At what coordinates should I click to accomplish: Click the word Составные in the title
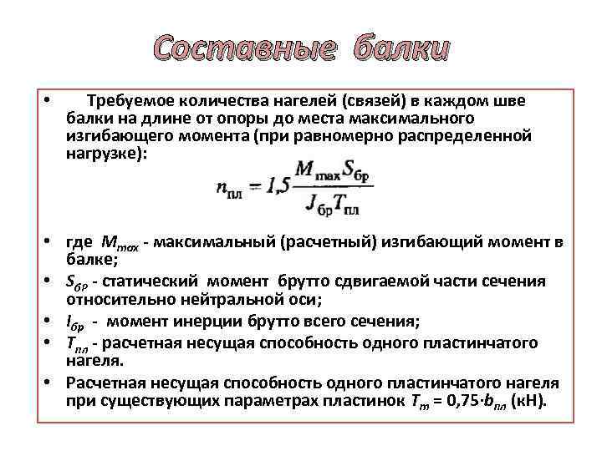(x=242, y=50)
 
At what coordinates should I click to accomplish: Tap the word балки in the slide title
(x=401, y=50)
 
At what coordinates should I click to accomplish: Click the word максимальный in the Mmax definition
(x=215, y=242)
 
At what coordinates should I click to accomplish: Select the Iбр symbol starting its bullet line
(x=75, y=322)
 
